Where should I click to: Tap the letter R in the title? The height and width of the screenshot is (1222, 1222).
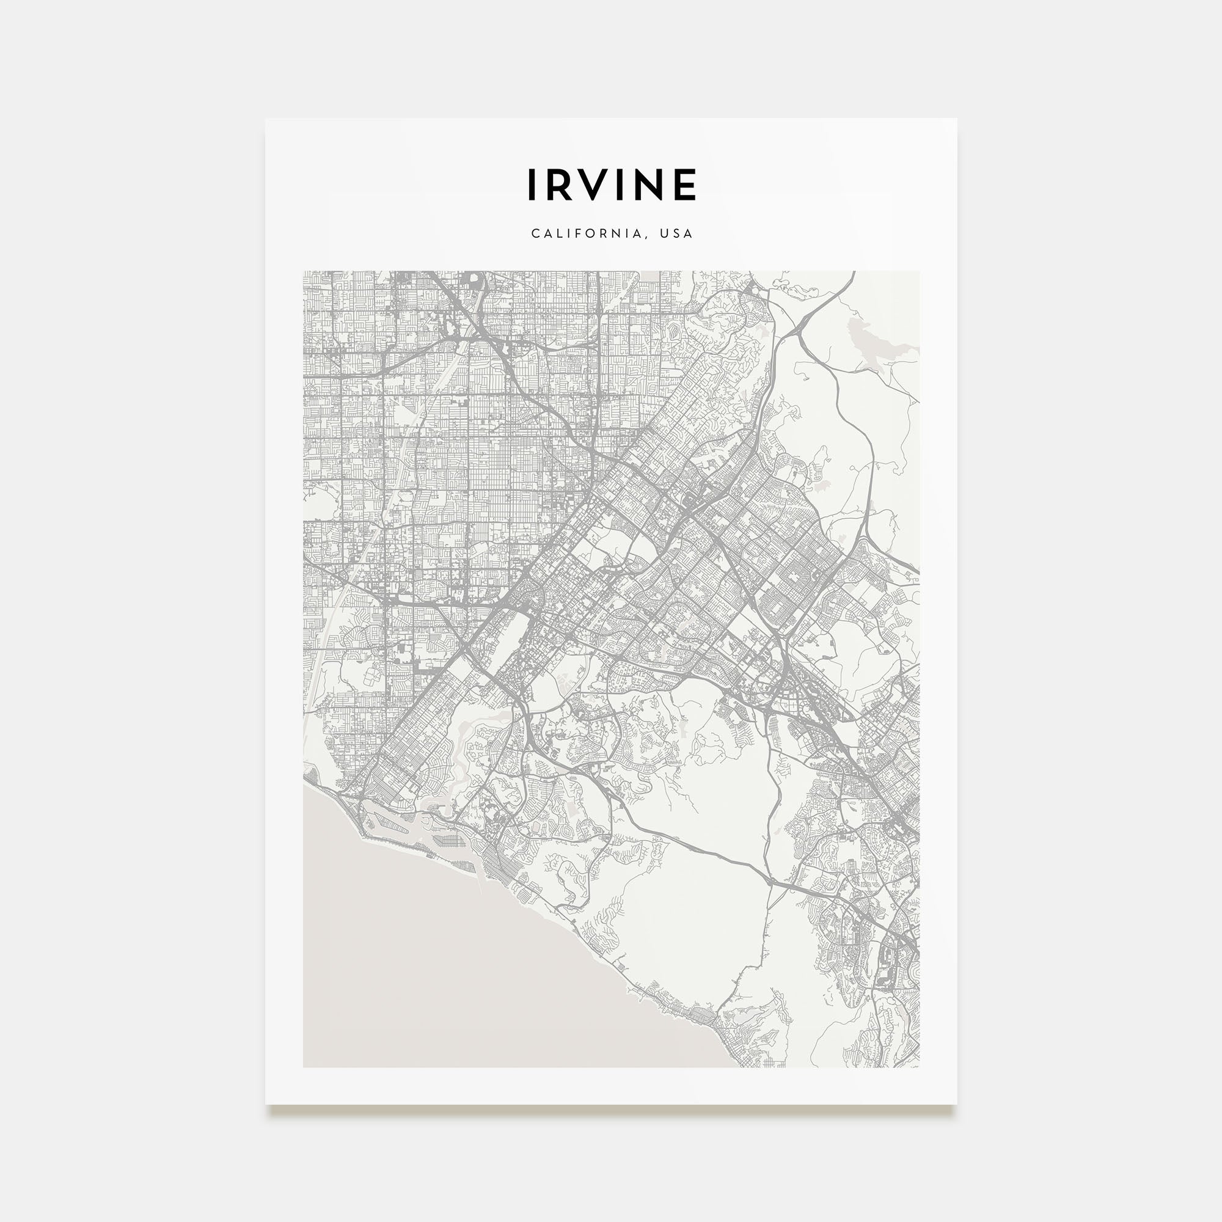[x=558, y=185]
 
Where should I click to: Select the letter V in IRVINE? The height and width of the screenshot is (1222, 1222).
[x=593, y=185]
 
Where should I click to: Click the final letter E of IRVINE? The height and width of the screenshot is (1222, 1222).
[x=686, y=185]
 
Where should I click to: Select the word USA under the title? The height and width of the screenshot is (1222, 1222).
[x=677, y=233]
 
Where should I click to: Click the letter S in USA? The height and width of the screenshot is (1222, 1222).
[x=677, y=233]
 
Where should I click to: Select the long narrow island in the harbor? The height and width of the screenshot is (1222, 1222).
[x=392, y=824]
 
